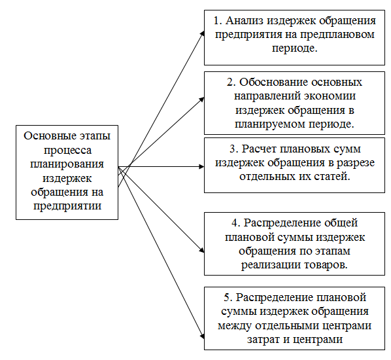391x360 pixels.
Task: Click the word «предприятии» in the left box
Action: (67, 206)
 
